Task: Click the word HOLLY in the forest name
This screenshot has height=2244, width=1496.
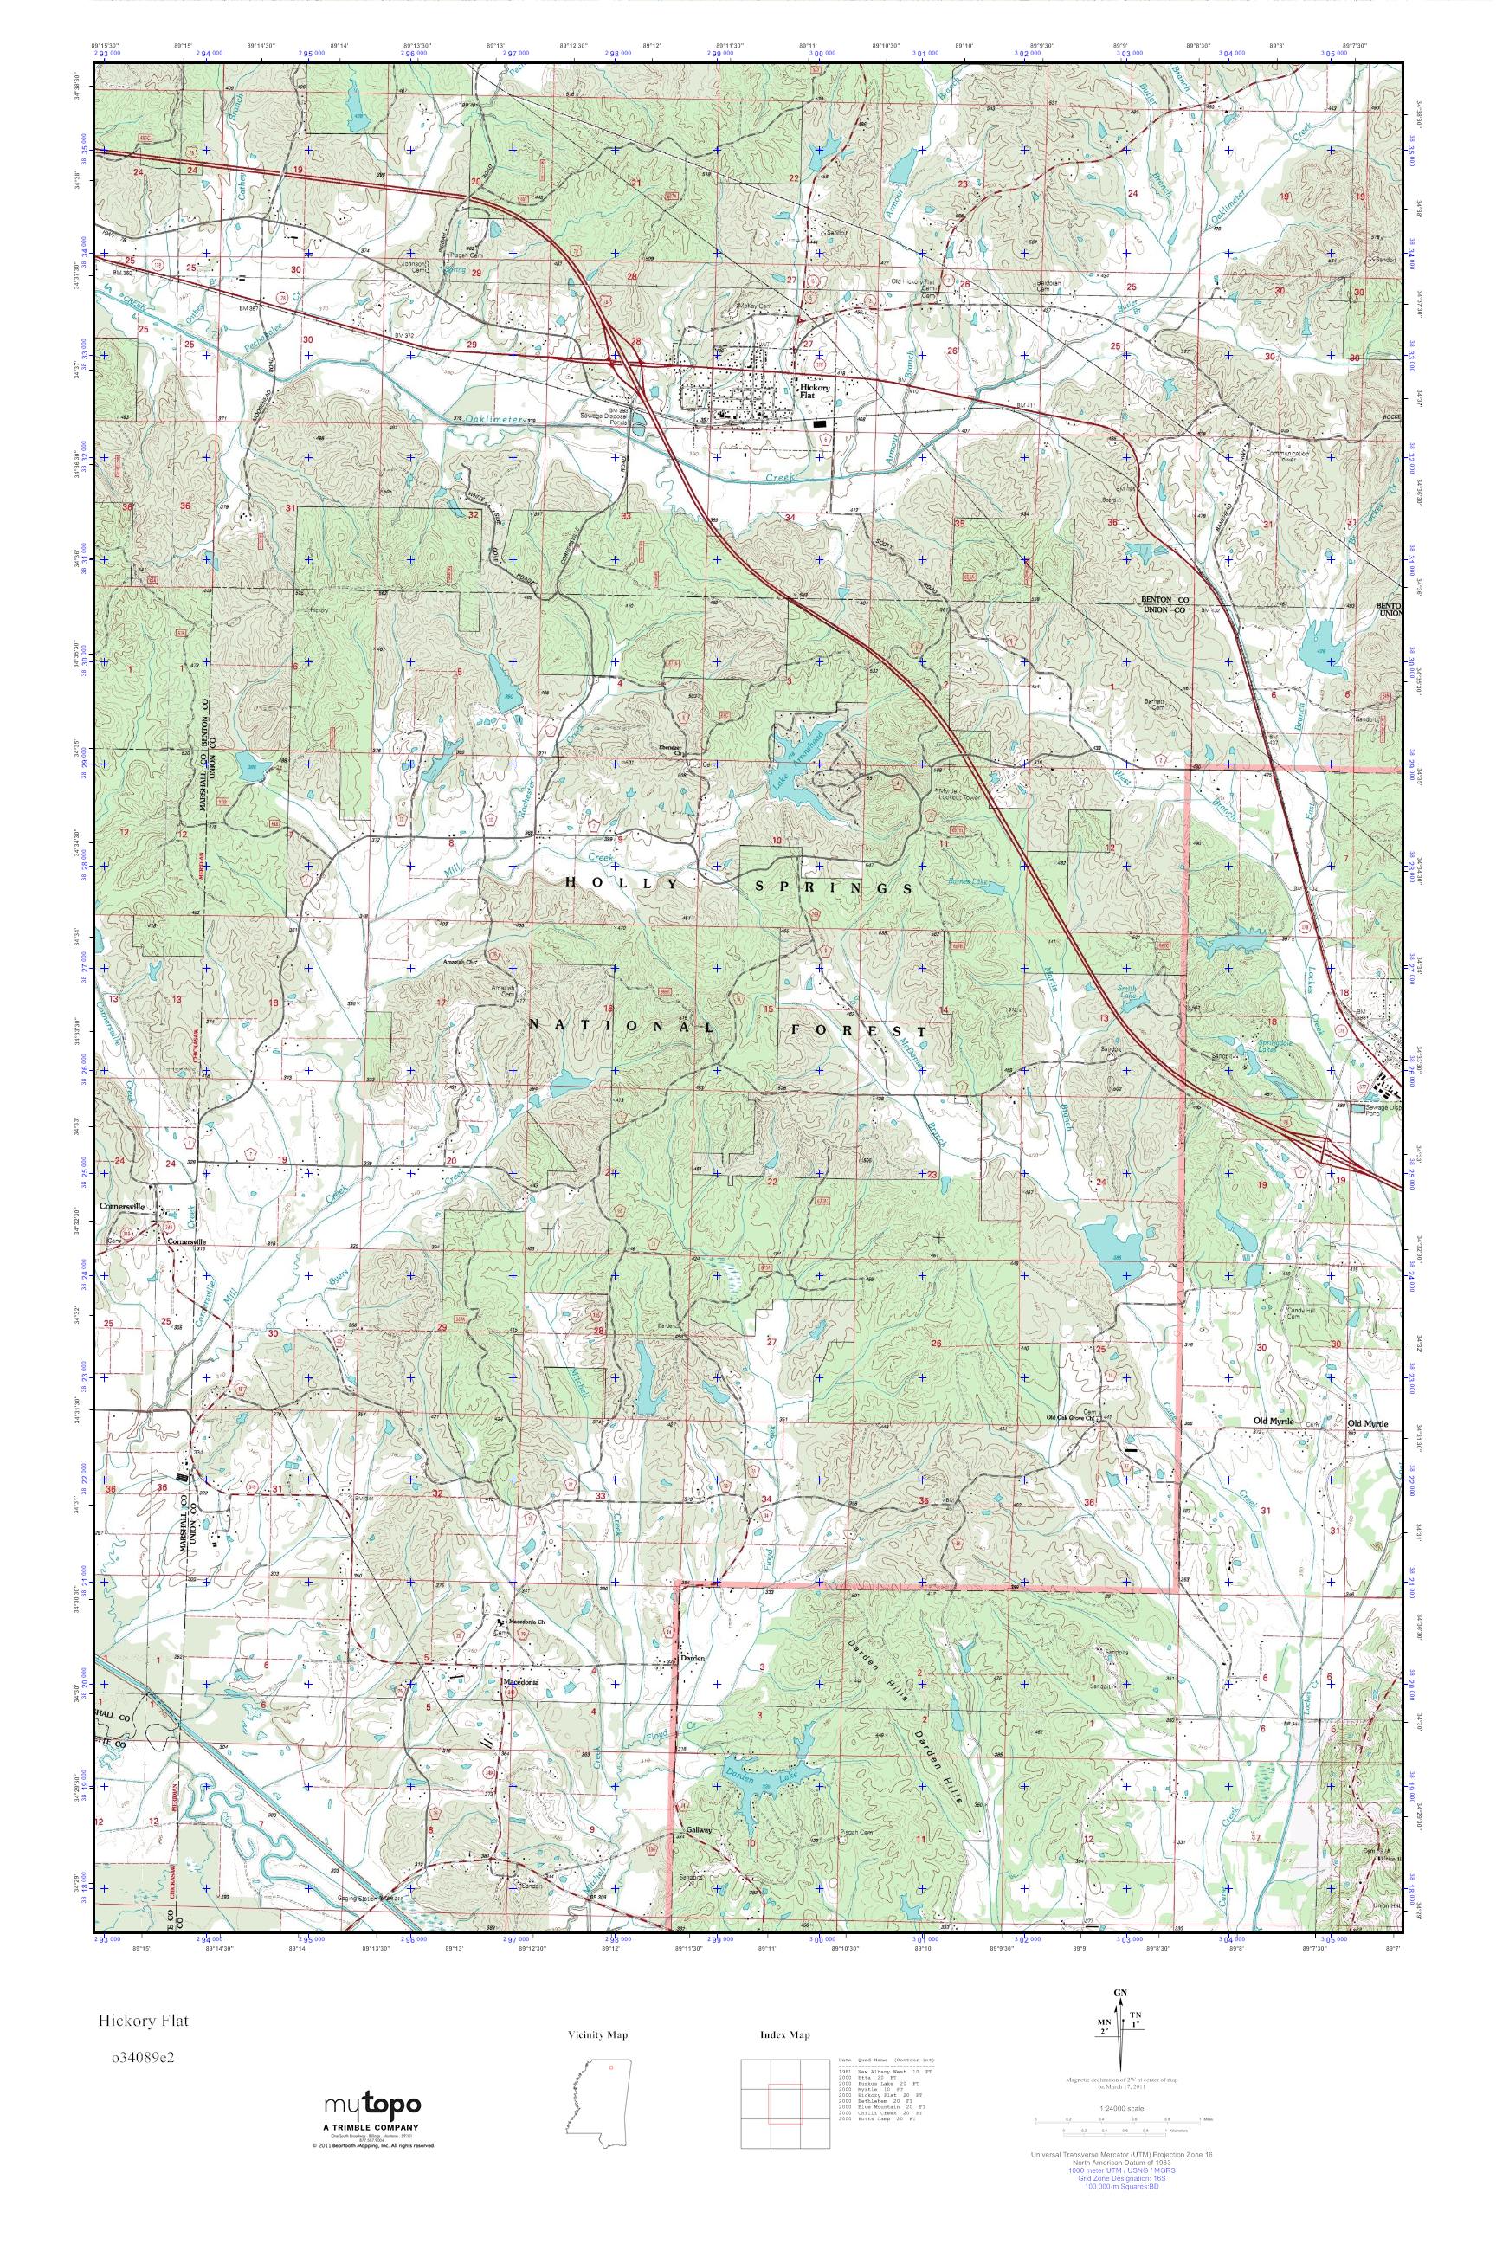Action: (x=622, y=883)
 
